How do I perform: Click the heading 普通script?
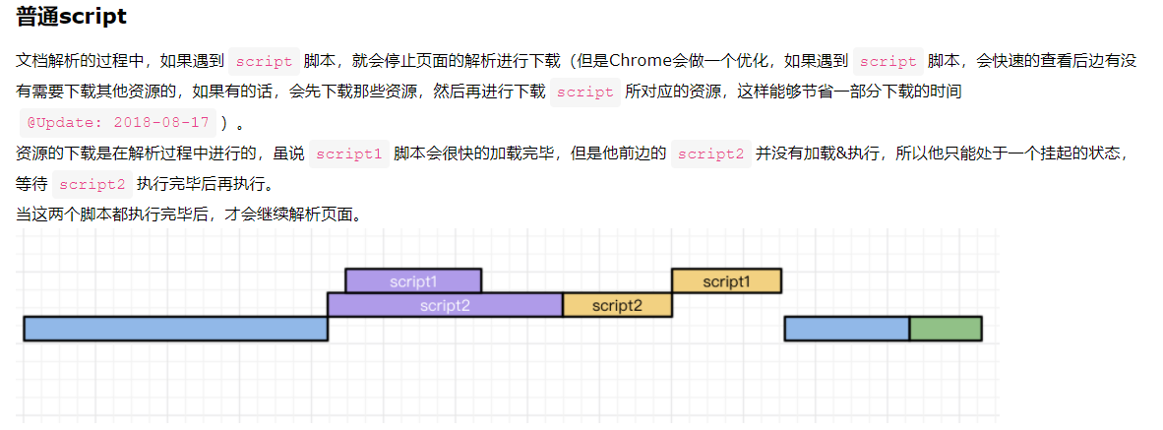[71, 17]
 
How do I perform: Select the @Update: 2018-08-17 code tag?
[118, 123]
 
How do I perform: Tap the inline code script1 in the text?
[348, 154]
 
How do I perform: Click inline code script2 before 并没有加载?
[710, 154]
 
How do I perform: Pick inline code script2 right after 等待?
[92, 184]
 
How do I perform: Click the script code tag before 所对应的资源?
[584, 92]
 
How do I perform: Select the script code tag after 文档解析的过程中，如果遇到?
[265, 60]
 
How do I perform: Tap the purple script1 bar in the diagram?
[413, 280]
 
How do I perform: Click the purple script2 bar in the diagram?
[445, 305]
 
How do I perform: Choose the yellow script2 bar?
[617, 305]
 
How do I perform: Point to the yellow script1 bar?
[726, 280]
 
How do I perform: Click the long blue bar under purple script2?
[175, 329]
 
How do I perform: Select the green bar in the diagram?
[945, 329]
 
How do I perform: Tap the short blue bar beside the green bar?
[846, 329]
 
